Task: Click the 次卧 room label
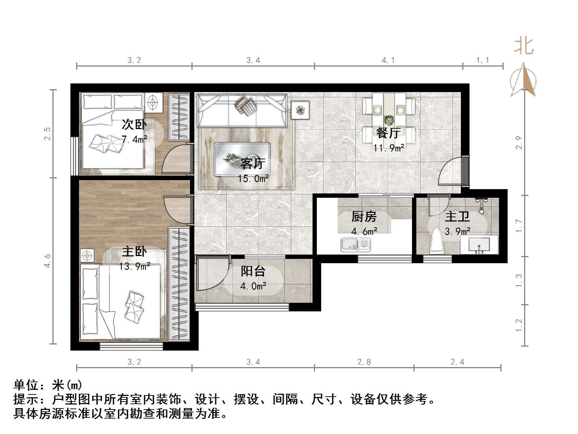pyautogui.click(x=134, y=124)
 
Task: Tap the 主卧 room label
pyautogui.click(x=134, y=251)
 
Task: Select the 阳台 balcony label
pyautogui.click(x=253, y=271)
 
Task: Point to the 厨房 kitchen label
pyautogui.click(x=364, y=216)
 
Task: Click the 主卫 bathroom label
pyautogui.click(x=457, y=216)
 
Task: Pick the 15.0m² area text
pyautogui.click(x=253, y=179)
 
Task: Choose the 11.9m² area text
pyautogui.click(x=389, y=148)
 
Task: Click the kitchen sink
pyautogui.click(x=356, y=245)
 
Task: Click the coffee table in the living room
pyautogui.click(x=242, y=159)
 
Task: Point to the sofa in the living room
pyautogui.click(x=242, y=110)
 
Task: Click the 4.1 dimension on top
pyautogui.click(x=388, y=60)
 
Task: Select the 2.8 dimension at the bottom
pyautogui.click(x=364, y=362)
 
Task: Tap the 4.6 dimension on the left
pyautogui.click(x=47, y=261)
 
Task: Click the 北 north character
pyautogui.click(x=524, y=46)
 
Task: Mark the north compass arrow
pyautogui.click(x=523, y=79)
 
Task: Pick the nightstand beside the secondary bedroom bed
pyautogui.click(x=153, y=102)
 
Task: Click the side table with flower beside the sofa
pyautogui.click(x=300, y=110)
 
